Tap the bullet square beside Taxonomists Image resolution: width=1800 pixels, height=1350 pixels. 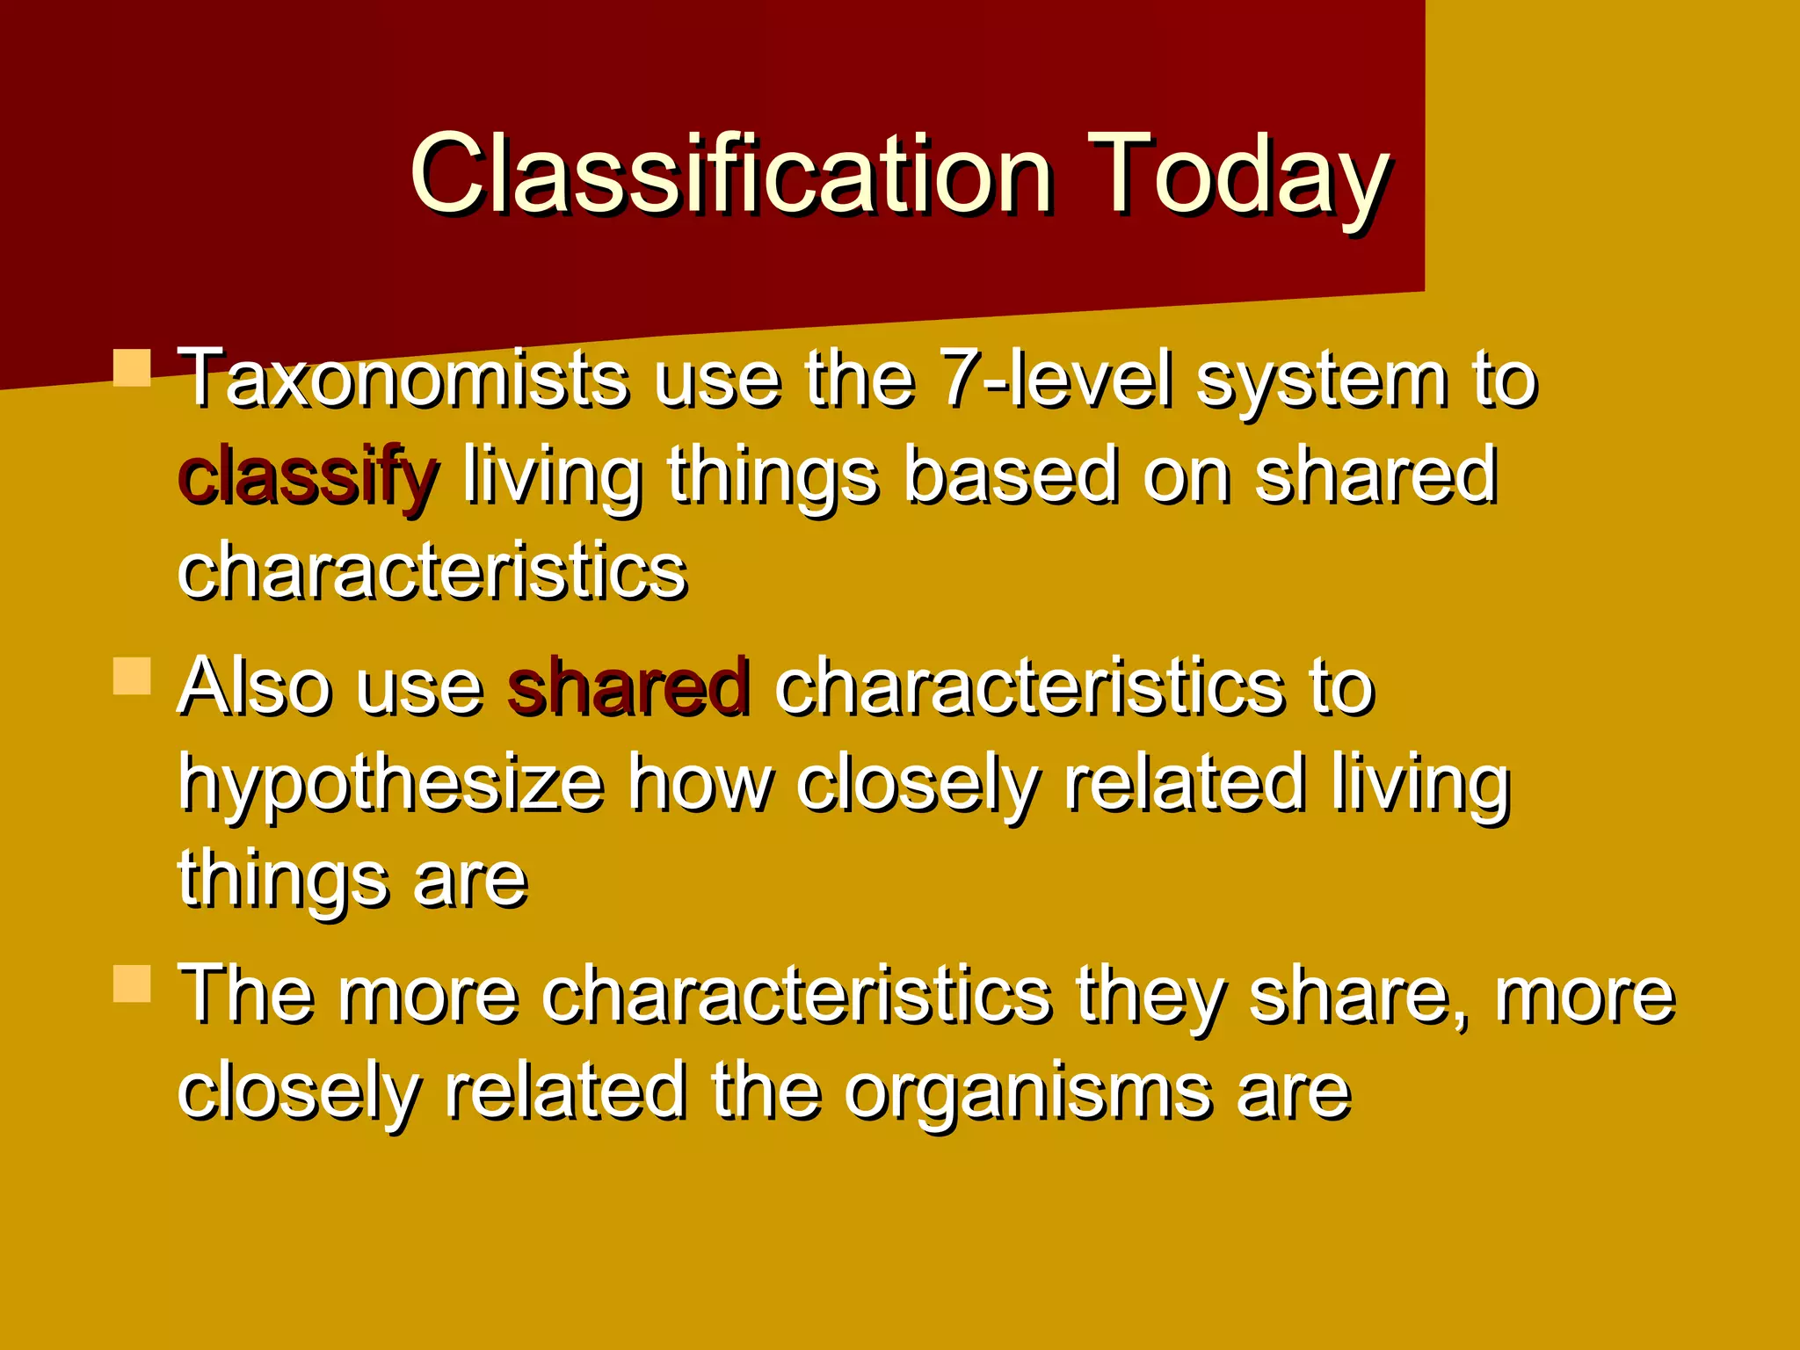coord(132,368)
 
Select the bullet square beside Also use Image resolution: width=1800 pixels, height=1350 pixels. coord(132,676)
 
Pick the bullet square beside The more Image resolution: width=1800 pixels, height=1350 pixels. coord(132,983)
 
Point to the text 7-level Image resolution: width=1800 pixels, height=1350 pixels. coord(1055,381)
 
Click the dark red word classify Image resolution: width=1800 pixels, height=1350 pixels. coord(306,477)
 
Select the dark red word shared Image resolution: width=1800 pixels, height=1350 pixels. coord(628,688)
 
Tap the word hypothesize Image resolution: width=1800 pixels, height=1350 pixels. coord(390,785)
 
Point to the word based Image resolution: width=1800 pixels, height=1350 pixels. coord(1011,477)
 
